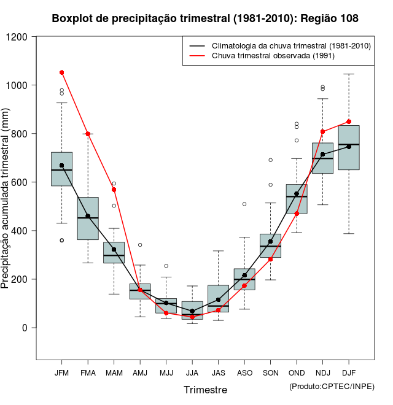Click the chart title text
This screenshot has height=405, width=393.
coord(205,19)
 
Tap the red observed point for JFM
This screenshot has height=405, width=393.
coord(61,72)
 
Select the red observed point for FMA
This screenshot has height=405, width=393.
coord(88,134)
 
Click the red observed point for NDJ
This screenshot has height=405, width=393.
coord(322,131)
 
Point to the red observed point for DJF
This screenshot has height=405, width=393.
coord(349,121)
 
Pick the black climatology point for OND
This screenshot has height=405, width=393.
coord(297,194)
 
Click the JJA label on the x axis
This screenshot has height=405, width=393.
coord(192,372)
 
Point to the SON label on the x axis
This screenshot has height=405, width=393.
coord(270,372)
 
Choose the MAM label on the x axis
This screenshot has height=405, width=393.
coord(114,372)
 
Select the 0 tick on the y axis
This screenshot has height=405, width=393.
coord(26,328)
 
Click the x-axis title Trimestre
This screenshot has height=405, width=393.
coord(205,390)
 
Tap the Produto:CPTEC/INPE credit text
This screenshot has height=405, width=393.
coord(332,385)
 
